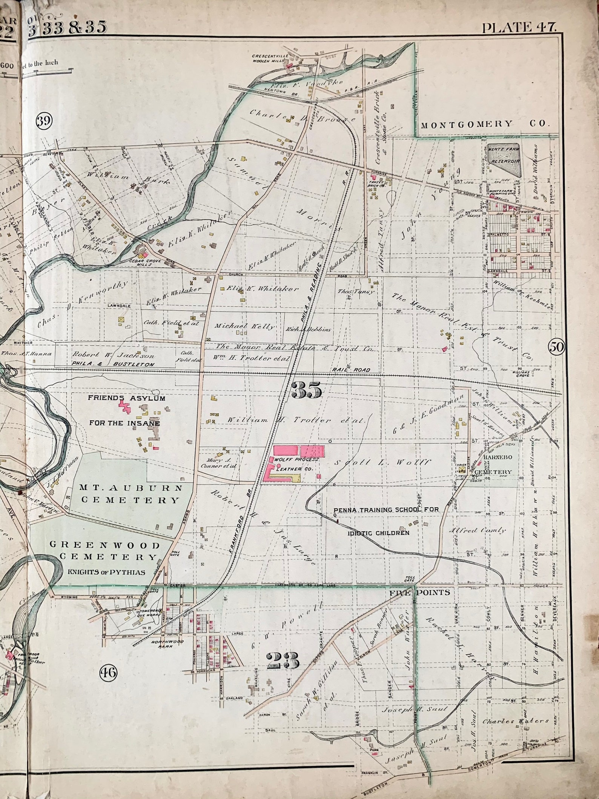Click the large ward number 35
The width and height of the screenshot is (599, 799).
[306, 391]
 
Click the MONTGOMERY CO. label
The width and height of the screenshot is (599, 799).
[485, 123]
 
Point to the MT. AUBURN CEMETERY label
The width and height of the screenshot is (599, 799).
[130, 494]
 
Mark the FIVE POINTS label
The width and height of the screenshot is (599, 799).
[420, 593]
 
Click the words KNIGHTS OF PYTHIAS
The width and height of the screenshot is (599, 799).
[106, 573]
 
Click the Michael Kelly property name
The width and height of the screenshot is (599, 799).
[244, 326]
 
